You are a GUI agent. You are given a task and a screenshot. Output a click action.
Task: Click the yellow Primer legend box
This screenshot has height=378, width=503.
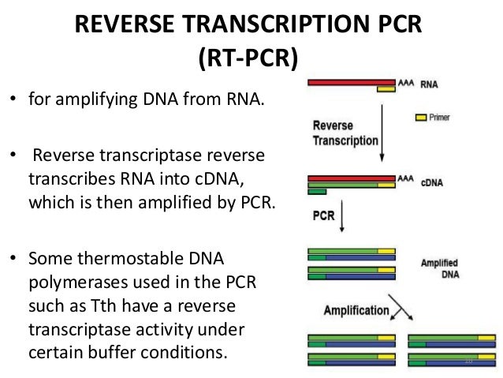point(421,117)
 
